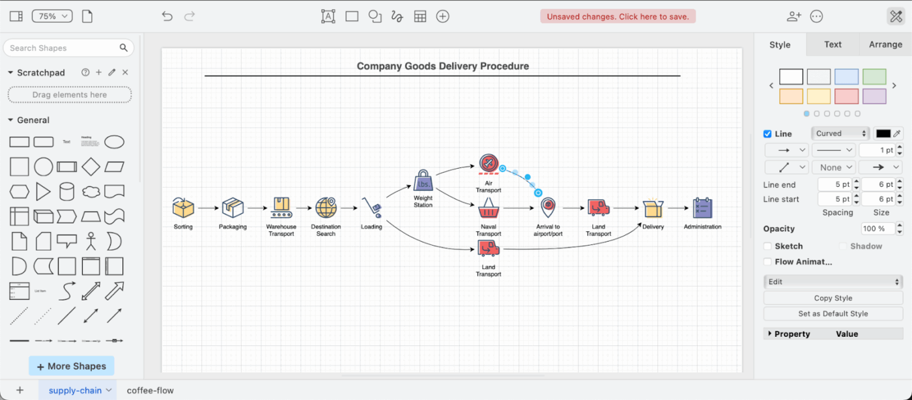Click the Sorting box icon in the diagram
(183, 208)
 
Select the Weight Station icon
(423, 180)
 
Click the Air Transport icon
(489, 164)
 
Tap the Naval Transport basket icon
(489, 208)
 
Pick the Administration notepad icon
(702, 208)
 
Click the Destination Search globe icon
(326, 208)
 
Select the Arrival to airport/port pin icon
(548, 208)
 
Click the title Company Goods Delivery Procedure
(442, 66)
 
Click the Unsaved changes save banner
(618, 16)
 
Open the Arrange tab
(885, 44)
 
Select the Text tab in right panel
(833, 44)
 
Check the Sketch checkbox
(767, 246)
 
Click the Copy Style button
(833, 298)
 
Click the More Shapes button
(72, 366)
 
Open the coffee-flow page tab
(150, 390)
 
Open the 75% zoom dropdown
(52, 16)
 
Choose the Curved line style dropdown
(841, 134)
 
